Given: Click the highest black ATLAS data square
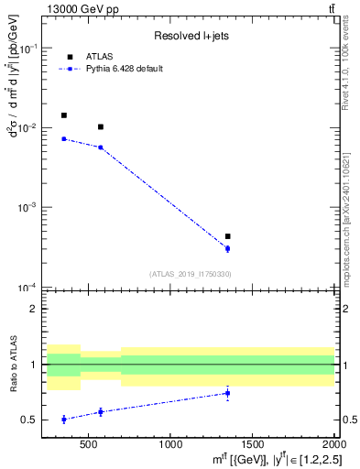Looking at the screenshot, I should pos(63,115).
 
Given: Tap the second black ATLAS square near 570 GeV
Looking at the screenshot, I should pos(101,126).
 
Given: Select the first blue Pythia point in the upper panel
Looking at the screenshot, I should pos(63,138).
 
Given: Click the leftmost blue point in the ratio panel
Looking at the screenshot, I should pos(63,419).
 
